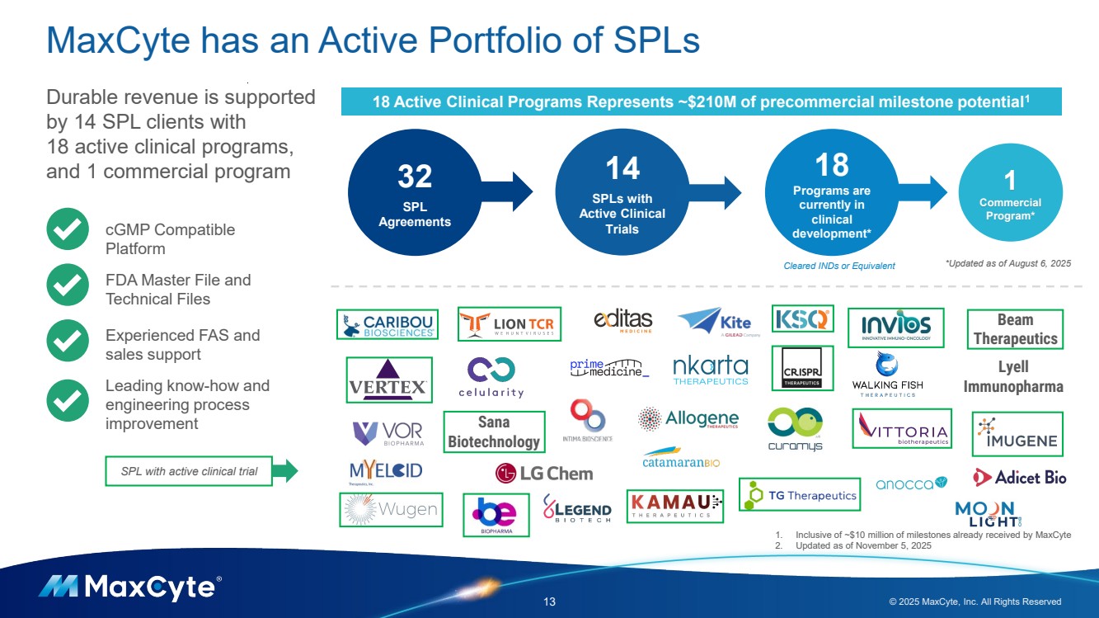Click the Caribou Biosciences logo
(x=387, y=324)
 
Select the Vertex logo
(x=388, y=380)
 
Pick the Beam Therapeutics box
(x=1014, y=328)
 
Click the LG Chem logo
(x=543, y=474)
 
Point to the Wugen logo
(x=391, y=509)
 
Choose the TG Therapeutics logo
(x=800, y=495)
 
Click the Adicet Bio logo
(x=1020, y=477)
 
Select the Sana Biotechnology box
(x=494, y=432)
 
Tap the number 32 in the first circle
(x=415, y=177)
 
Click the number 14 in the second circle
(x=622, y=169)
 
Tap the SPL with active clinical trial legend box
(x=189, y=472)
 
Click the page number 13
(x=549, y=602)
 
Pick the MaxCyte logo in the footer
(x=129, y=587)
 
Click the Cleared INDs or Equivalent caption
(x=838, y=266)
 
